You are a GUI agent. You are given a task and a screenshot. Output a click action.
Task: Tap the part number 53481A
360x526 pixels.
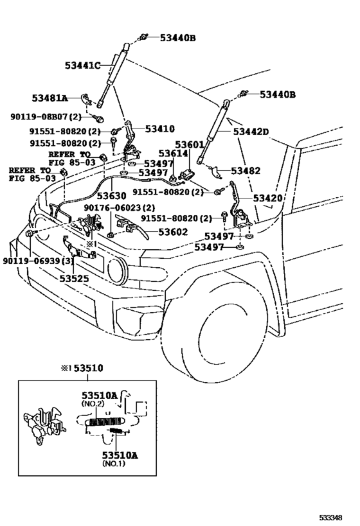click(50, 98)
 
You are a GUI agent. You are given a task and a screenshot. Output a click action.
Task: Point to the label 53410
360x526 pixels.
click(159, 129)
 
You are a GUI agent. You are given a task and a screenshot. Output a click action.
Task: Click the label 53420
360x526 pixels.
click(267, 198)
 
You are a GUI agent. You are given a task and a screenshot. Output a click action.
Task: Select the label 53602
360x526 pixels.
click(173, 232)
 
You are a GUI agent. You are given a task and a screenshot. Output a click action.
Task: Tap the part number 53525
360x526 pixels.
click(75, 279)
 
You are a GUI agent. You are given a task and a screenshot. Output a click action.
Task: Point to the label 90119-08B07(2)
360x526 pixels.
click(46, 117)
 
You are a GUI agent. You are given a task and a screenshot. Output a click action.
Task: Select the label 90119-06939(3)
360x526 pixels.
click(38, 261)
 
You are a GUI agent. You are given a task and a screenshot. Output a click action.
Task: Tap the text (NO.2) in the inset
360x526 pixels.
click(93, 403)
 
